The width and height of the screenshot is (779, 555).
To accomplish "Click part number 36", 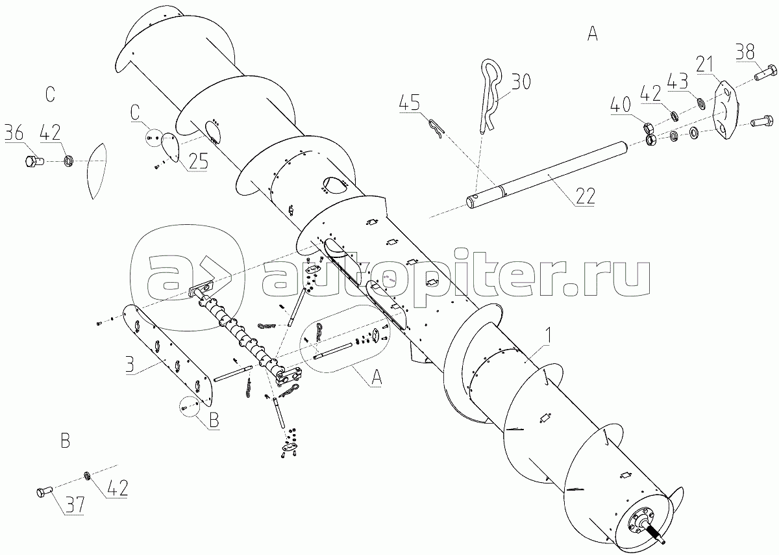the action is (x=14, y=133).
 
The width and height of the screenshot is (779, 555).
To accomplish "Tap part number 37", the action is (x=75, y=505).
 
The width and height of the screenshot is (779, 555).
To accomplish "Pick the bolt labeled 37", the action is (x=43, y=493).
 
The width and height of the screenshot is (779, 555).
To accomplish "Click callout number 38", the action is (x=745, y=52).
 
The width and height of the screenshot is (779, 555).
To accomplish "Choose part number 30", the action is (x=521, y=82).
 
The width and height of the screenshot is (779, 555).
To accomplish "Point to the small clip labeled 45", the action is (x=436, y=129).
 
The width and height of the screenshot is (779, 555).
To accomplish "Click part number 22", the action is (x=586, y=196).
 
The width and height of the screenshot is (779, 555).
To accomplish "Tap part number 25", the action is (x=198, y=161).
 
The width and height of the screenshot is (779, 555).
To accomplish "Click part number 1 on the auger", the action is (x=548, y=335).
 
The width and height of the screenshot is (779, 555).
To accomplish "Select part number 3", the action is (x=130, y=365).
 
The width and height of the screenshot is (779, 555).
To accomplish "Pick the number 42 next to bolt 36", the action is (x=51, y=133).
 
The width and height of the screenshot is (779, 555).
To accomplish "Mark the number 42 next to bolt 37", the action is (x=118, y=488).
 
